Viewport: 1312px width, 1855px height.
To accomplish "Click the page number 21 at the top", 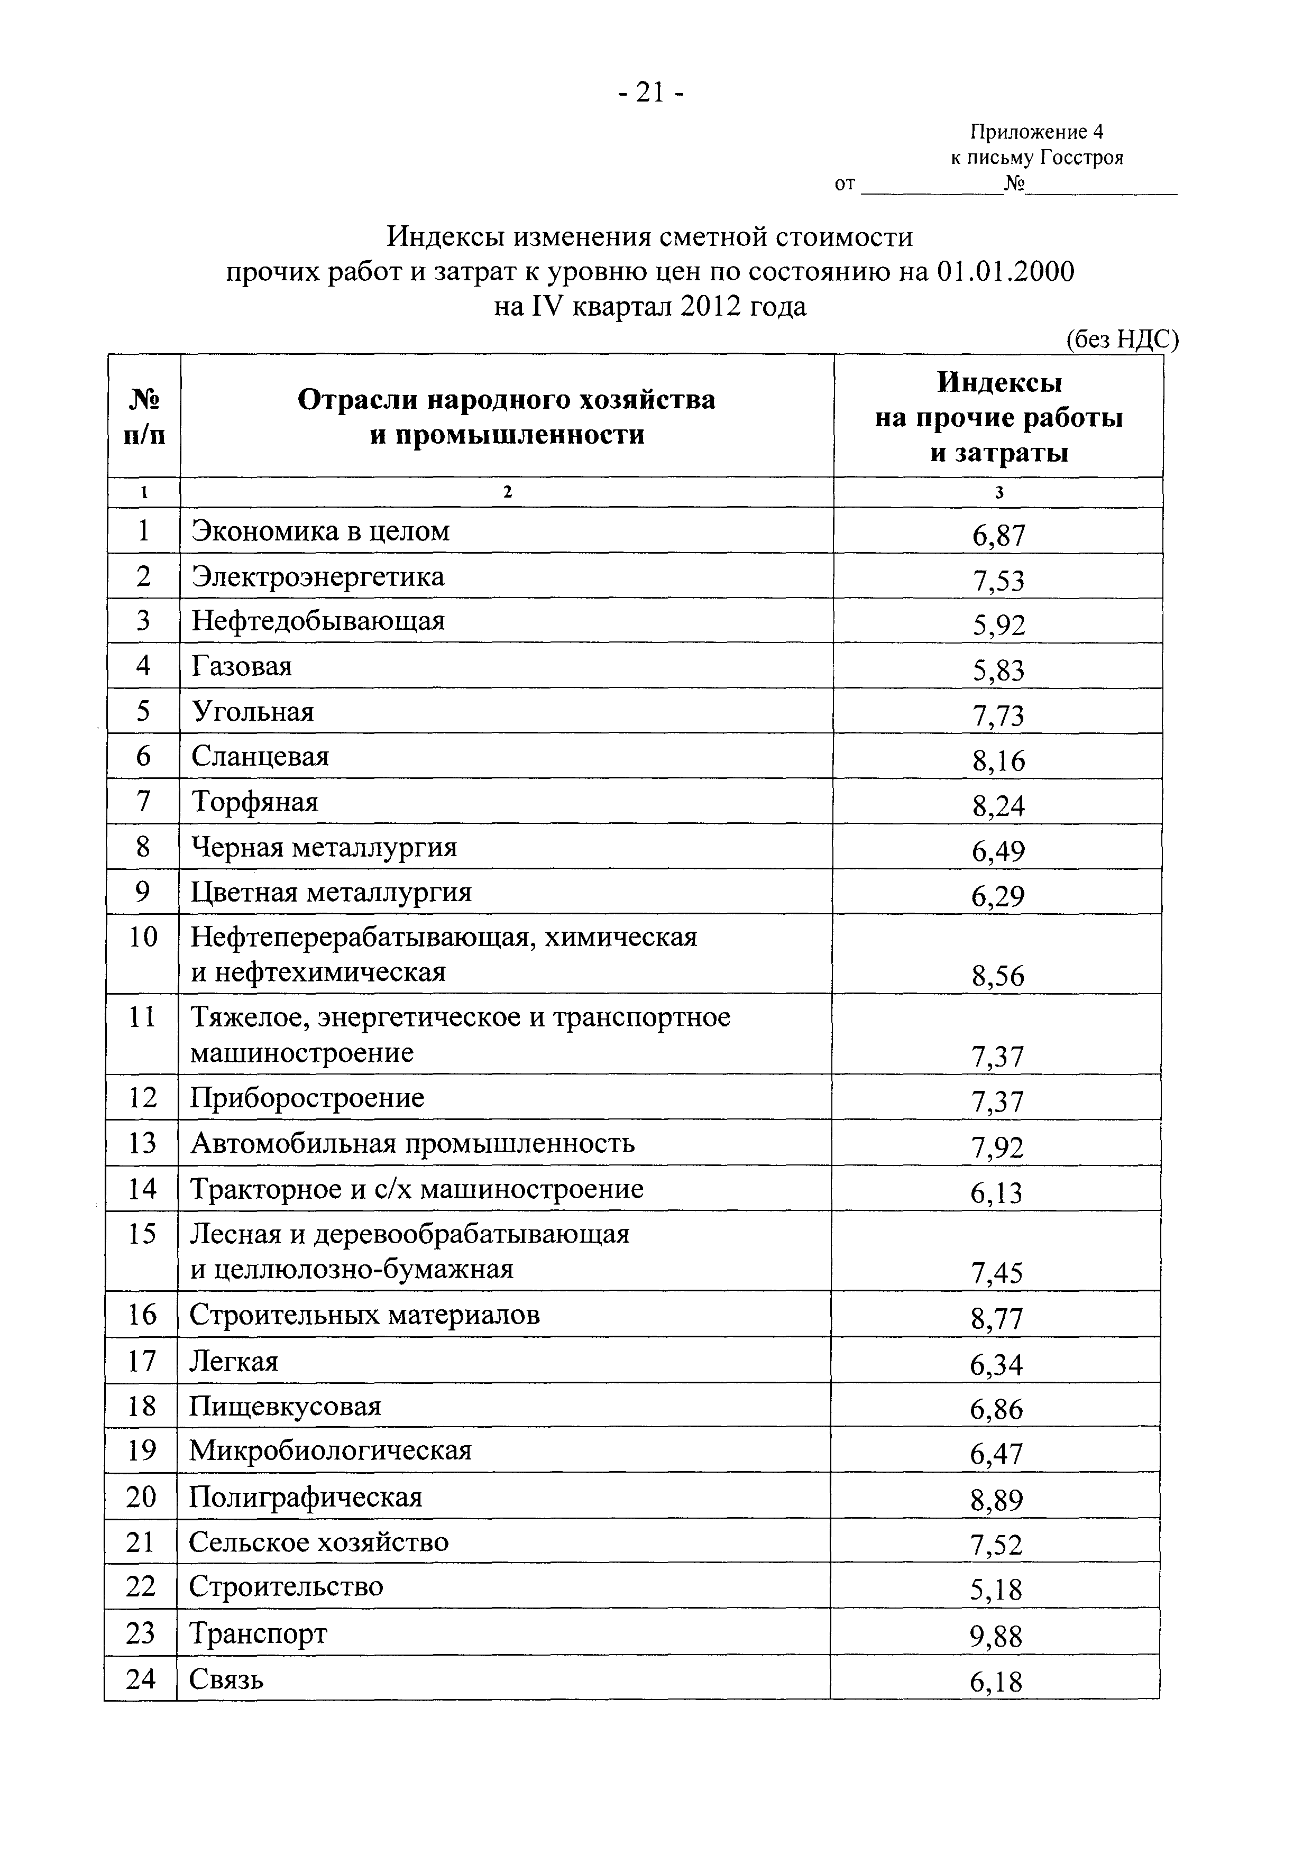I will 650,94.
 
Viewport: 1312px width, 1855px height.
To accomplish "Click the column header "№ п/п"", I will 144,417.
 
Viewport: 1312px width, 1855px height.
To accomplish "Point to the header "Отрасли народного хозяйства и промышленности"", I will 507,417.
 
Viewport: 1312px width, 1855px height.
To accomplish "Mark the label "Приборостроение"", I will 307,1098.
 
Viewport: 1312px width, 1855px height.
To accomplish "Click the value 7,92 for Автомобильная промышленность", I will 998,1147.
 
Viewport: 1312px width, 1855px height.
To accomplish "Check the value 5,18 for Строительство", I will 996,1591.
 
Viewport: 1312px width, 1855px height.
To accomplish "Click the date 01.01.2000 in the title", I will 1006,272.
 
